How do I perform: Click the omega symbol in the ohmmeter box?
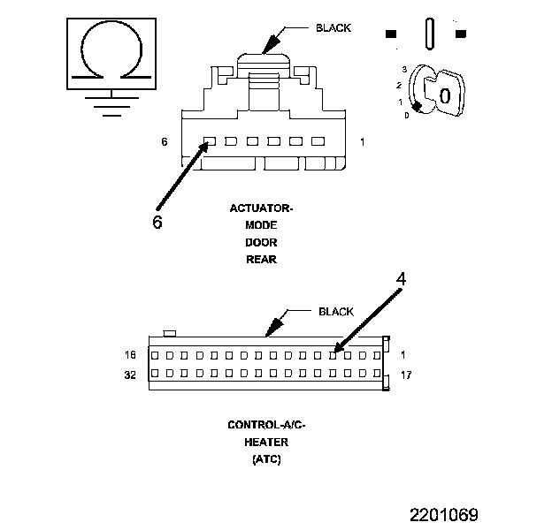pyautogui.click(x=109, y=53)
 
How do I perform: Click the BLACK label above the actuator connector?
pyautogui.click(x=333, y=28)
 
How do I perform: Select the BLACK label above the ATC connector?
pyautogui.click(x=335, y=312)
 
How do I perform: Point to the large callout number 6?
pyautogui.click(x=157, y=222)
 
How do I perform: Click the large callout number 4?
pyautogui.click(x=401, y=279)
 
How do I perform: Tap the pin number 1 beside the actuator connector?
pyautogui.click(x=364, y=141)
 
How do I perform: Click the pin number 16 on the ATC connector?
pyautogui.click(x=131, y=355)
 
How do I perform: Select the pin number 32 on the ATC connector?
pyautogui.click(x=131, y=375)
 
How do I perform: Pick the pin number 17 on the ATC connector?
pyautogui.click(x=406, y=375)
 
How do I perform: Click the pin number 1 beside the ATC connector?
pyautogui.click(x=403, y=355)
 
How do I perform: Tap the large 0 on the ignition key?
pyautogui.click(x=445, y=95)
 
